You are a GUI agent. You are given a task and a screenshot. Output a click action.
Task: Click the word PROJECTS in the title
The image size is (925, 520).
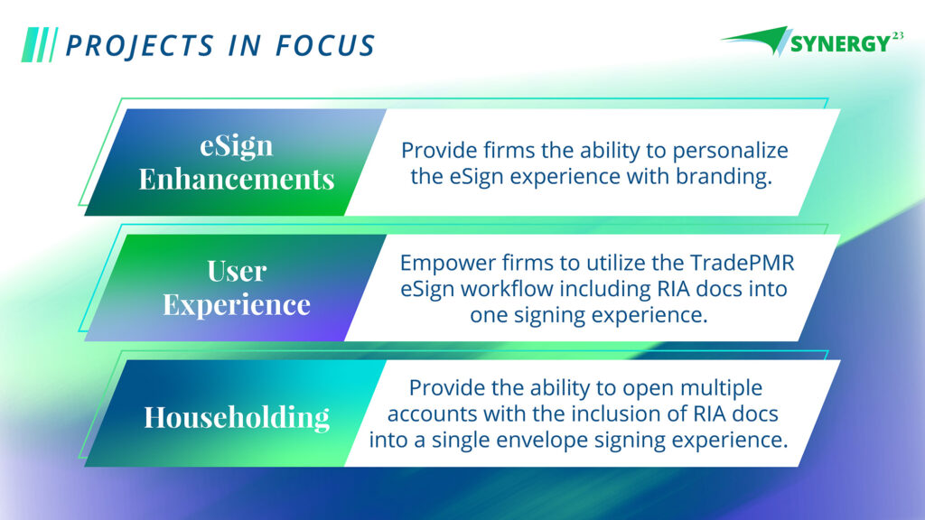(x=139, y=46)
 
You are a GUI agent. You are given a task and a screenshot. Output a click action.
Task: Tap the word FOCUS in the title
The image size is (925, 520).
(x=325, y=46)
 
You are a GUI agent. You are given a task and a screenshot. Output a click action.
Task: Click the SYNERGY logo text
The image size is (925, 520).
(x=840, y=43)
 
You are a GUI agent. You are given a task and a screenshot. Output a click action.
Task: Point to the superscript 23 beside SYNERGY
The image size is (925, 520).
(x=897, y=35)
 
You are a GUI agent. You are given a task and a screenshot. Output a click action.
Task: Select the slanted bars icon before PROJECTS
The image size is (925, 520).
(x=40, y=45)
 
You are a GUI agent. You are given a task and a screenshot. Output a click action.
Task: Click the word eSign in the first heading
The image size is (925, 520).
(x=237, y=145)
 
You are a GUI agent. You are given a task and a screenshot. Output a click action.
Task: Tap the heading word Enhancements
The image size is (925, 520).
(x=237, y=180)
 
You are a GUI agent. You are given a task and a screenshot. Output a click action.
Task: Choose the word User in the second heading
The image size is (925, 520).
(x=237, y=271)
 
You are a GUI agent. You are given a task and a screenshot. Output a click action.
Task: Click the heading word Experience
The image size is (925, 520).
(x=237, y=305)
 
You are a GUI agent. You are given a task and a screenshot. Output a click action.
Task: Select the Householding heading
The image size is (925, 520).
(x=237, y=417)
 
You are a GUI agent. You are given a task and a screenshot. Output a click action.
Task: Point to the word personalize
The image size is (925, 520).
(x=730, y=151)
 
